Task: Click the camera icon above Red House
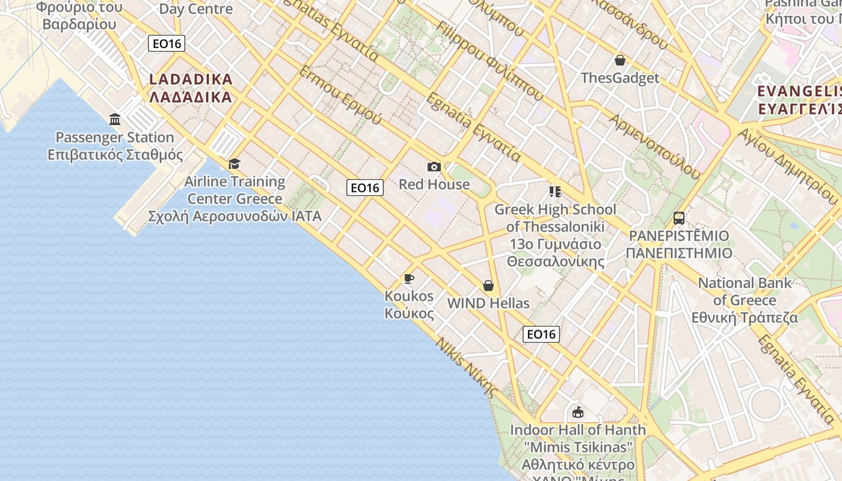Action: (x=434, y=167)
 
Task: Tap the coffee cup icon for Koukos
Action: (x=409, y=278)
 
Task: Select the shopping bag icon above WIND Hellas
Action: (x=488, y=286)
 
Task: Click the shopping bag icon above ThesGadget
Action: (x=619, y=60)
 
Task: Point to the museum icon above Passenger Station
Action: (x=115, y=119)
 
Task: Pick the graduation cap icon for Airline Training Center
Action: (x=234, y=164)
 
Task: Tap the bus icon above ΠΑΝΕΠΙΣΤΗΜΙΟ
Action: (x=679, y=218)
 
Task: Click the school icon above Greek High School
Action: (x=555, y=192)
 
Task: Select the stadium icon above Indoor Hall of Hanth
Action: (x=578, y=412)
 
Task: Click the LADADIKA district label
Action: (x=191, y=88)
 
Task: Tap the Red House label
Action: (x=434, y=185)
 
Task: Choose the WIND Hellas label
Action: (x=488, y=303)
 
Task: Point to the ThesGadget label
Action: (x=619, y=78)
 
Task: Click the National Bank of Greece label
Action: (x=745, y=300)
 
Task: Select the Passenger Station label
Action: (x=115, y=146)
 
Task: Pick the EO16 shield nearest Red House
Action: (x=365, y=188)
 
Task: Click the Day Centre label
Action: (x=195, y=9)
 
